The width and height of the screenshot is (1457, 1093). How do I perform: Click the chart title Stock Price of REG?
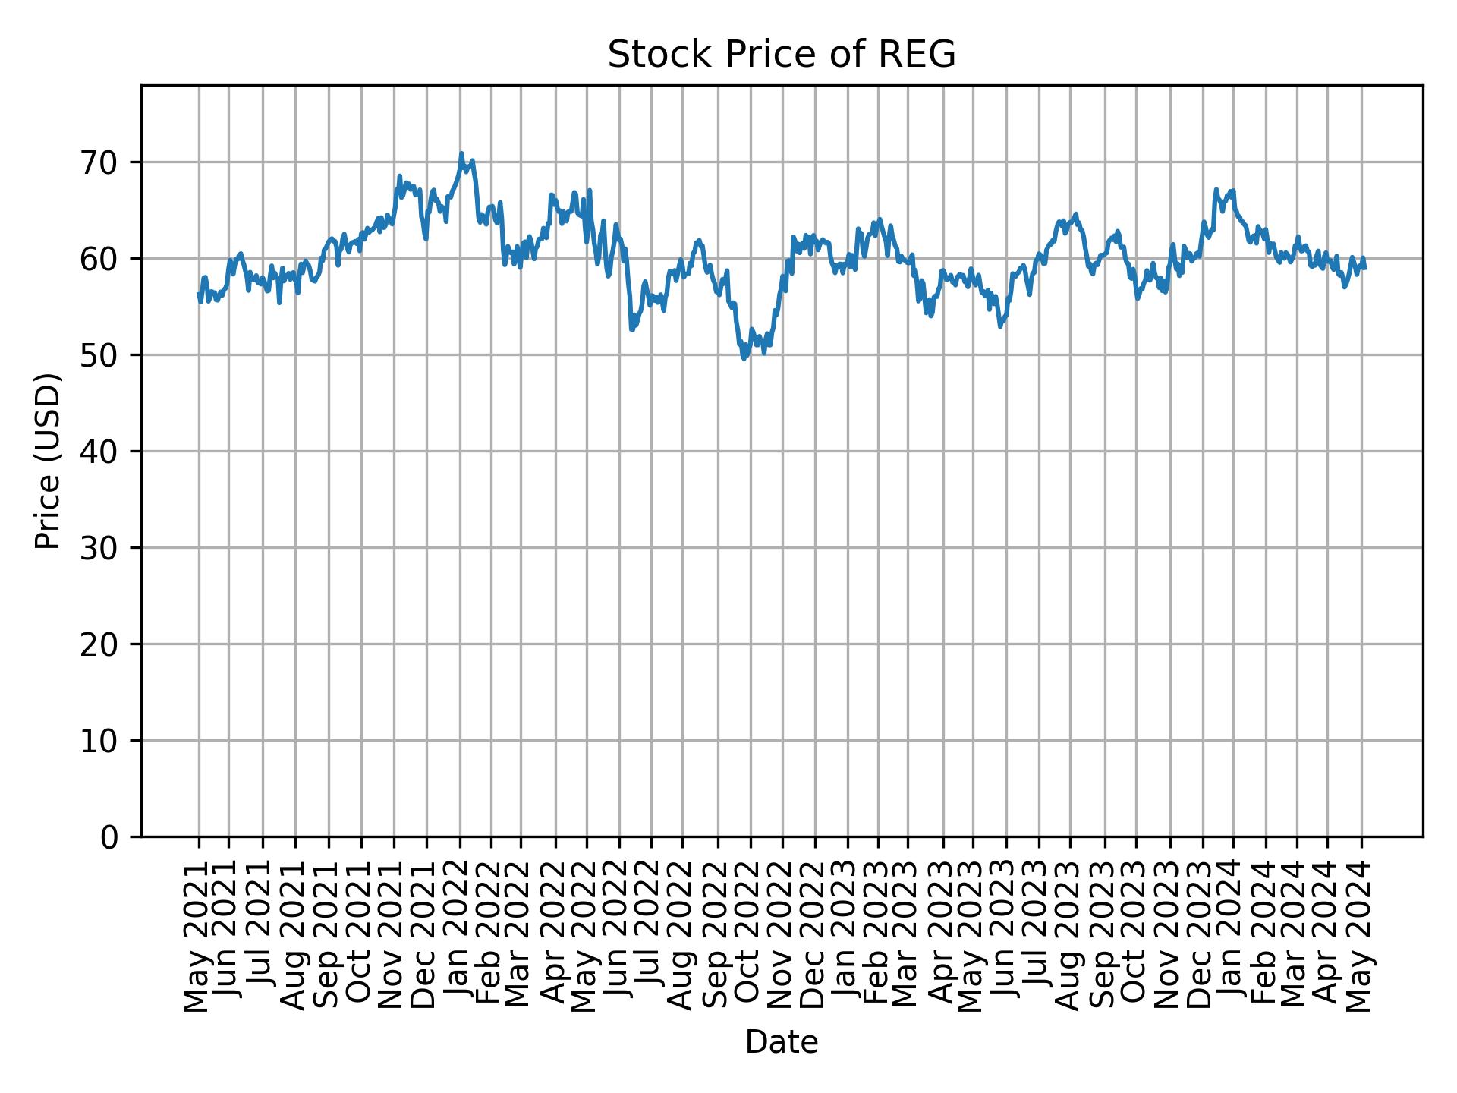coord(781,55)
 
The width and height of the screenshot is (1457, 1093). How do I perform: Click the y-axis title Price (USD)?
coord(48,461)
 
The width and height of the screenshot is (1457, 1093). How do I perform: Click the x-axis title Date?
coord(781,1042)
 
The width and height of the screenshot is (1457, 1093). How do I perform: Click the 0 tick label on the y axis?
coord(111,836)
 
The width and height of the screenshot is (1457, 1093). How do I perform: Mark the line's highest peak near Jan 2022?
coord(461,153)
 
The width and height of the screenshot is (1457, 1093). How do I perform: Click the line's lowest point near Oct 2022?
coord(744,358)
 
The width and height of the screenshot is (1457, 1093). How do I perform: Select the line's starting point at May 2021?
coord(199,294)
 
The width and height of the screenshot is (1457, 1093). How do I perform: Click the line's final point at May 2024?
coord(1364,268)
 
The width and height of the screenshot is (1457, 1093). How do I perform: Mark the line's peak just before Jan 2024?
coord(1216,190)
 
